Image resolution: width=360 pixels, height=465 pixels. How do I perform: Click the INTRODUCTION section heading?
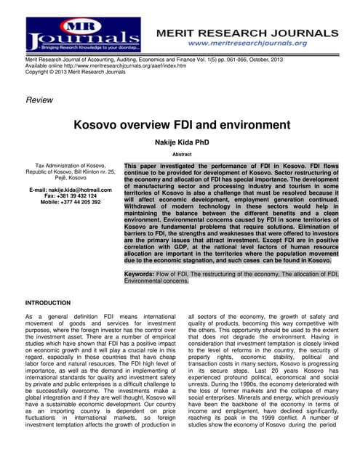point(48,302)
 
